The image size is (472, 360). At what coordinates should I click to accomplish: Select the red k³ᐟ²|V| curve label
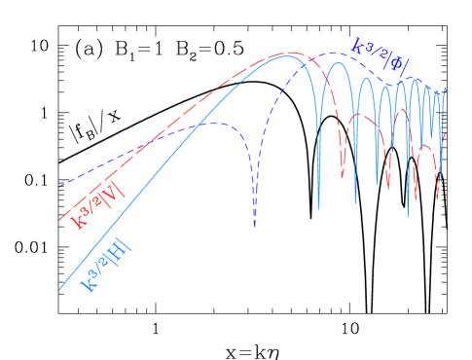[97, 208]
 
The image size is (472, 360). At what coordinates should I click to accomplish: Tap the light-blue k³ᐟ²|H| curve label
[107, 268]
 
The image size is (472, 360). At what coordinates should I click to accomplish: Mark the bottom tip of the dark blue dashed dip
[254, 226]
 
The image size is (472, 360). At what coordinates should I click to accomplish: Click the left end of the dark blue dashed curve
[59, 186]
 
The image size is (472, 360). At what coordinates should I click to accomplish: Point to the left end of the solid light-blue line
[59, 289]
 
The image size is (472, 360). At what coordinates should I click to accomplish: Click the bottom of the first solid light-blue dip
[318, 207]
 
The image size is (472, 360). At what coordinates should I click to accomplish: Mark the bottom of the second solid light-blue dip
[355, 201]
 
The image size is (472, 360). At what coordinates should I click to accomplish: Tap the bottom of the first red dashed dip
[343, 178]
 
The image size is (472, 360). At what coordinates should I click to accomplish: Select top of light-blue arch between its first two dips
[337, 65]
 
